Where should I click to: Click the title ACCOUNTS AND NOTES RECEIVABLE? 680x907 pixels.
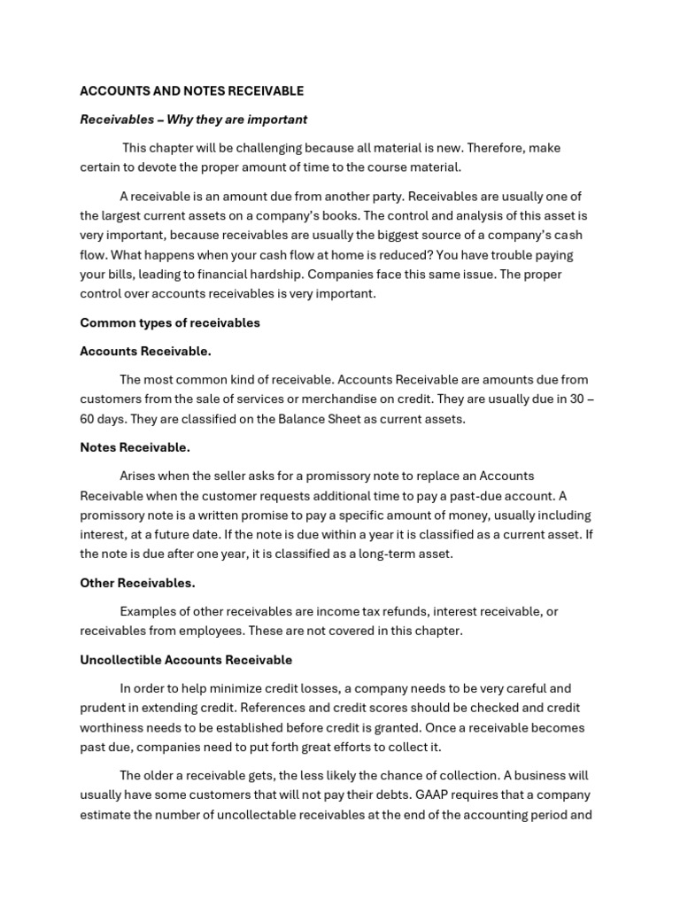191,91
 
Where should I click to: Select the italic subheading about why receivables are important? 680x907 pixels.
193,120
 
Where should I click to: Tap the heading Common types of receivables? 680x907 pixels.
170,322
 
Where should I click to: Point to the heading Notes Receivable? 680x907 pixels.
135,447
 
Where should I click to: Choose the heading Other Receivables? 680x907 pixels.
137,583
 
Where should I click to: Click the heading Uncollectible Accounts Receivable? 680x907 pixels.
186,660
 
